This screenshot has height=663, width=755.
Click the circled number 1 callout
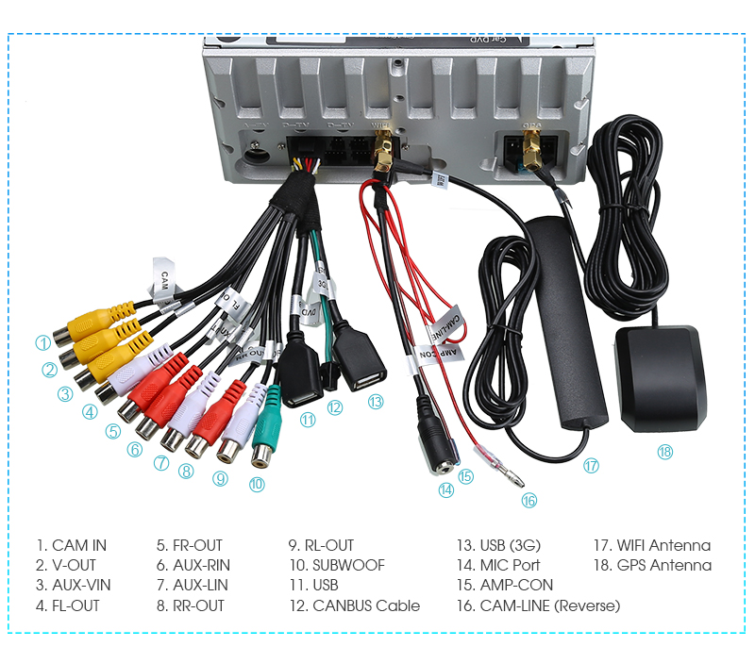click(x=43, y=343)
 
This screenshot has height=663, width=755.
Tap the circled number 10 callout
click(x=257, y=485)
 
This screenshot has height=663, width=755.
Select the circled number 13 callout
click(x=376, y=401)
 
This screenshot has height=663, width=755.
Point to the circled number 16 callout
click(x=528, y=501)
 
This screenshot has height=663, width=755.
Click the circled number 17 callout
click(x=592, y=465)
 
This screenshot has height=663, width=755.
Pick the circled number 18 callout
click(x=665, y=452)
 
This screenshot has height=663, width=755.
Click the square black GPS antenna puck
click(x=660, y=377)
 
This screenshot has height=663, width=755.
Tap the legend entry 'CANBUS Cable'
click(x=366, y=605)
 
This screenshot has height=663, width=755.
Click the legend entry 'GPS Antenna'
click(x=664, y=565)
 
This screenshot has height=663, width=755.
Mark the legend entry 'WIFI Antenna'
click(x=664, y=545)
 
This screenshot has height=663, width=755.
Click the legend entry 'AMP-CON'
click(x=516, y=586)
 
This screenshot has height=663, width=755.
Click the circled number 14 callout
click(x=445, y=489)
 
